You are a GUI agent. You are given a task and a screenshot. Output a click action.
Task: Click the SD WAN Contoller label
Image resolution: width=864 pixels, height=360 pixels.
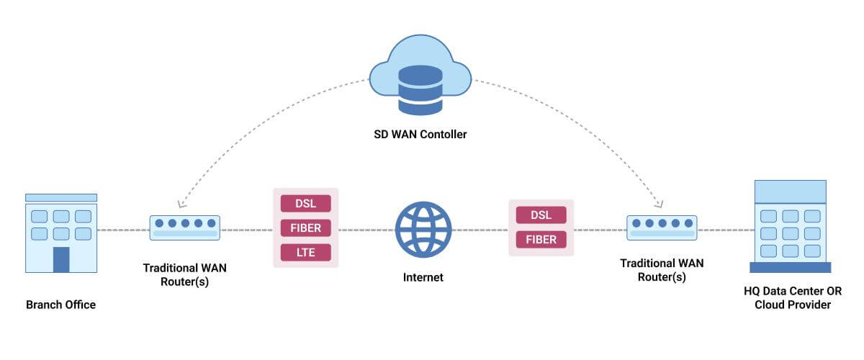[421, 134]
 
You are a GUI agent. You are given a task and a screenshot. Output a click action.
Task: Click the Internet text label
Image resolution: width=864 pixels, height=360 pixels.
[423, 277]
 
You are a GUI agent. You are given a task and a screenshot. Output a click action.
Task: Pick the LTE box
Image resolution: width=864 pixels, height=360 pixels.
[306, 252]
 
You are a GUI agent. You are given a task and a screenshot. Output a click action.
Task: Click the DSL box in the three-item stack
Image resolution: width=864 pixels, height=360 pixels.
[306, 204]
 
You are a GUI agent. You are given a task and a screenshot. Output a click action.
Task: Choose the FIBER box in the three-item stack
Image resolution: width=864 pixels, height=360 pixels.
[306, 228]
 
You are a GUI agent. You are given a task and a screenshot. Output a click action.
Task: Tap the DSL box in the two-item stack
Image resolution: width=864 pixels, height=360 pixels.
[541, 215]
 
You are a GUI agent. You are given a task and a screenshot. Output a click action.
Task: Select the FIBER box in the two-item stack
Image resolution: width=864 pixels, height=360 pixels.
[541, 239]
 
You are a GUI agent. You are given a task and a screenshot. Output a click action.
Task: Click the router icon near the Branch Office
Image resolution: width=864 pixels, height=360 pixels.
[184, 228]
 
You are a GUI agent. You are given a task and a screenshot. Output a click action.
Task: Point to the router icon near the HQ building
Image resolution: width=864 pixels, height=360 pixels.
[661, 228]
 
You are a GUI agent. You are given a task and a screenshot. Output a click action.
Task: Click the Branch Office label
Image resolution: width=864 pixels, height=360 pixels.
[60, 305]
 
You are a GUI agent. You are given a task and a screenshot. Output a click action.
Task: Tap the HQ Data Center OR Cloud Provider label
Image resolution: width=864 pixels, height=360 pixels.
[792, 298]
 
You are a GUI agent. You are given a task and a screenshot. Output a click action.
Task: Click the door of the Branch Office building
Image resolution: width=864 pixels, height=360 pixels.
[61, 259]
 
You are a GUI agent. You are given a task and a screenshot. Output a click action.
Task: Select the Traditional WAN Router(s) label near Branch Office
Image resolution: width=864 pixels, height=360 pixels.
[184, 274]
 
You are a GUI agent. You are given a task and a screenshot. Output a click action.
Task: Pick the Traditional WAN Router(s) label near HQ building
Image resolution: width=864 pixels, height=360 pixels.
[662, 270]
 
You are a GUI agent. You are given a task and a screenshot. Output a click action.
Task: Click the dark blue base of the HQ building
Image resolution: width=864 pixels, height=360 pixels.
[790, 267]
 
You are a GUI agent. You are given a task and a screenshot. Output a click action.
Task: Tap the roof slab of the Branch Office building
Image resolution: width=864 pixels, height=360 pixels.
[61, 197]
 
